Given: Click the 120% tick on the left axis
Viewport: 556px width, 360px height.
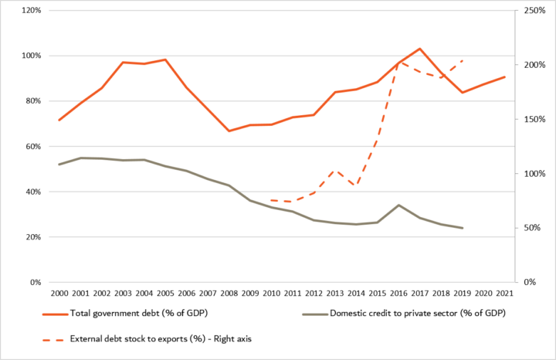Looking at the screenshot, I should coord(31,11).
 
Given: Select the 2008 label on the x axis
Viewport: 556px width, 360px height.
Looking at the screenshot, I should coord(228,294).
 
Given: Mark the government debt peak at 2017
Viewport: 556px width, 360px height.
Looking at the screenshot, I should coord(419,49).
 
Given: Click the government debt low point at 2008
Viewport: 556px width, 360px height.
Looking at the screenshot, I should coord(229,131).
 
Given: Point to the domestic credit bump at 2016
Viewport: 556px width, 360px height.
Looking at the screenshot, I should coord(398,205).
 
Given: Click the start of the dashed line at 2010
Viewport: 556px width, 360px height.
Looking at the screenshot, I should coord(271,200).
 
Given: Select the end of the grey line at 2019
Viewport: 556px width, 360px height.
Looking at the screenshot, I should coord(461,228).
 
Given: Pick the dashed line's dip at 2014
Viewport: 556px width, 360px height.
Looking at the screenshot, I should coord(355,185).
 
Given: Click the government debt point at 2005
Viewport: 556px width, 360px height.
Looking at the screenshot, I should coord(165,59).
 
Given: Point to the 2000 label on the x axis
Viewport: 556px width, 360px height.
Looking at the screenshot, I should coord(59,294).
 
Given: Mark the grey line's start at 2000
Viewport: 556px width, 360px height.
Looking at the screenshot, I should coord(59,164).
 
